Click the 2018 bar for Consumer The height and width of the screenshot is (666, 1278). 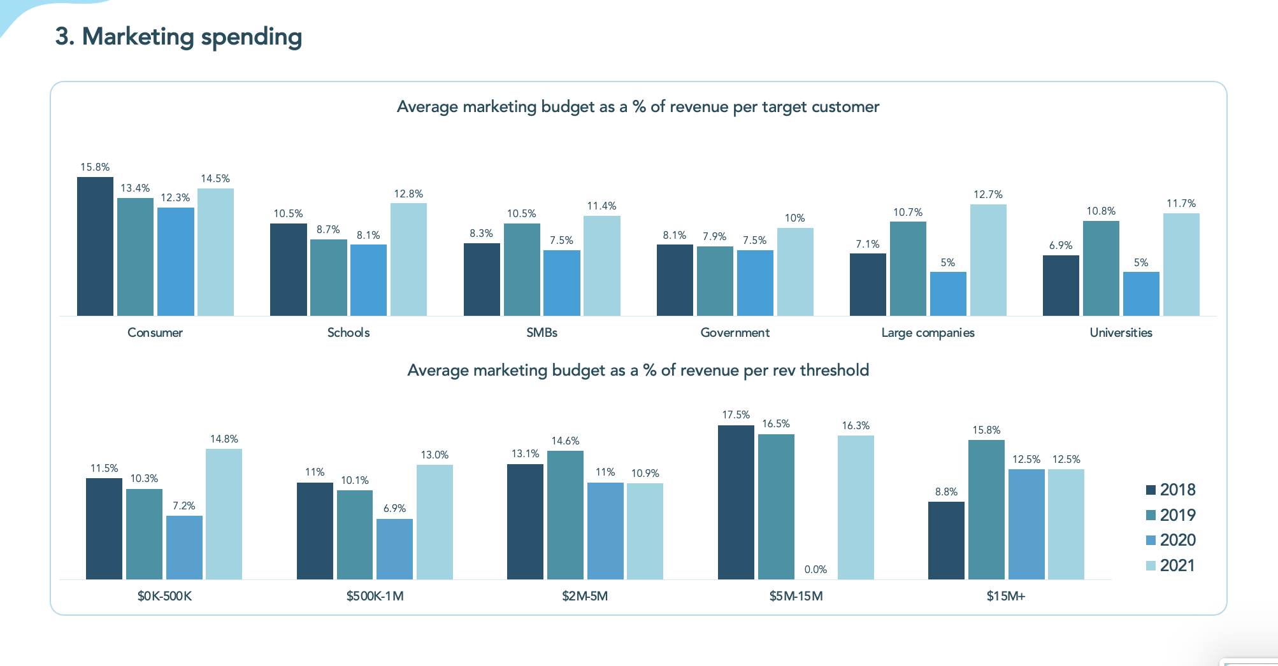(x=95, y=246)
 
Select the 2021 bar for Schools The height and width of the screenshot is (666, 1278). (x=408, y=259)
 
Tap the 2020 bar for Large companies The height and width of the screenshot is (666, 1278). (x=948, y=294)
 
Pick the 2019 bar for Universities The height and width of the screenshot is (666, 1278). (x=1101, y=268)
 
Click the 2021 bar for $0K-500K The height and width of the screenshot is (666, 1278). (x=224, y=514)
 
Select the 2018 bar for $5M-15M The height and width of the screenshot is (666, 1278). (x=736, y=502)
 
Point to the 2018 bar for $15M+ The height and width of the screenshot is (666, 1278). (x=946, y=541)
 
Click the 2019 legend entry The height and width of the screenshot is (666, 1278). (x=1170, y=515)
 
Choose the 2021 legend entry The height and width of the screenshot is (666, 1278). (x=1170, y=565)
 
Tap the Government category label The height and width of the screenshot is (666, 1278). (x=735, y=332)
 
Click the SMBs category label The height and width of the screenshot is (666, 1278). (x=542, y=332)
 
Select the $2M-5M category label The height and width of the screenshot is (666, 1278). (x=585, y=596)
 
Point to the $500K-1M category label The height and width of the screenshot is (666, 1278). (x=375, y=596)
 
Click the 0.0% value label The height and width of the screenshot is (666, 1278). (x=815, y=569)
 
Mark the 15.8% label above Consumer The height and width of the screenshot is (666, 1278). (x=95, y=167)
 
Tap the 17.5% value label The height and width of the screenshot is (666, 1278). (x=736, y=414)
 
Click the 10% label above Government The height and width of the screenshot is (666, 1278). (x=794, y=218)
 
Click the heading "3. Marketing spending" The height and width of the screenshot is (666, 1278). (x=178, y=36)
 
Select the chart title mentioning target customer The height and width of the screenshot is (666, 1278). (x=638, y=106)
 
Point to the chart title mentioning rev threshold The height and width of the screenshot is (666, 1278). (x=638, y=370)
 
